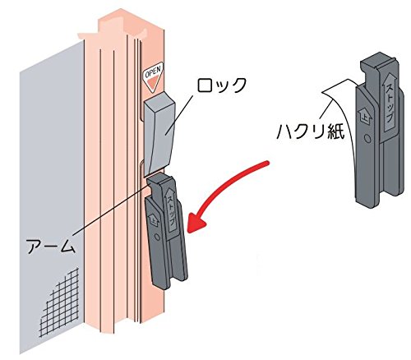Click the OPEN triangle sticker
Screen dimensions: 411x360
coord(153,76)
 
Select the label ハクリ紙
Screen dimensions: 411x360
coord(311,132)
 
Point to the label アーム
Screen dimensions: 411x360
coord(51,246)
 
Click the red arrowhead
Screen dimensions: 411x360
coord(196,222)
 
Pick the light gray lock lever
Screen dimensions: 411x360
coord(159,134)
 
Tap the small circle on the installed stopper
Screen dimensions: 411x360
coord(157,238)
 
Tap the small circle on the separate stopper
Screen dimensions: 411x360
coord(367,139)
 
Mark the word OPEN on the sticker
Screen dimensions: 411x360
coord(153,72)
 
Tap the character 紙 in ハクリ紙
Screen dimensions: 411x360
coord(336,132)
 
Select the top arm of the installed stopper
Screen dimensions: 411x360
coord(158,183)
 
